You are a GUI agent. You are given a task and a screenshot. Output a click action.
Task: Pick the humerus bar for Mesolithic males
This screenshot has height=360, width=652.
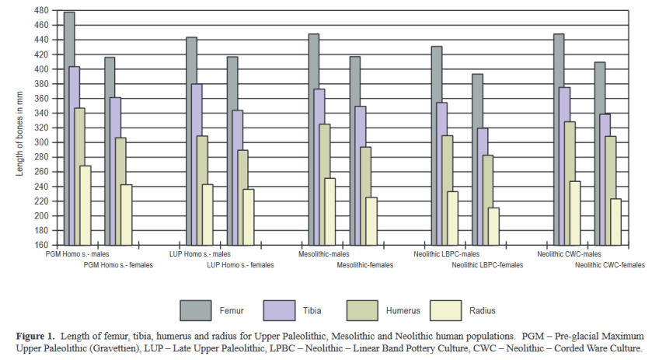[x=325, y=184]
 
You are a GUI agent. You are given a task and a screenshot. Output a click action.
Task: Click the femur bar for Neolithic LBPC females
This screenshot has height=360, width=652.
[x=477, y=159]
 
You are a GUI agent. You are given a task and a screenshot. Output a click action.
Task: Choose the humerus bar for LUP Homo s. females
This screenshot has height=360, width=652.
[x=243, y=197]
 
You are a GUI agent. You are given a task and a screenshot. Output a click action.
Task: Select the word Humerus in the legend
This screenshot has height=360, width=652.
[x=403, y=311]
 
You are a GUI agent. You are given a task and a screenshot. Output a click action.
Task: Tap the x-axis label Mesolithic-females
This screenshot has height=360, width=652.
[x=364, y=265]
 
